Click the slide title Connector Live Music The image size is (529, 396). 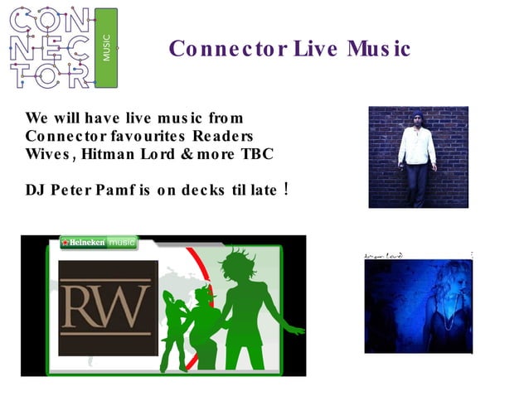click(289, 49)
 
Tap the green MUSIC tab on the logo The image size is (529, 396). click(106, 47)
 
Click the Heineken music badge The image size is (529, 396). click(99, 243)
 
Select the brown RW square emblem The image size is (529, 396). click(108, 307)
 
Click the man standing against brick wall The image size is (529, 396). click(417, 157)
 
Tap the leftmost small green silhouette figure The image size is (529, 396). click(175, 331)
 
